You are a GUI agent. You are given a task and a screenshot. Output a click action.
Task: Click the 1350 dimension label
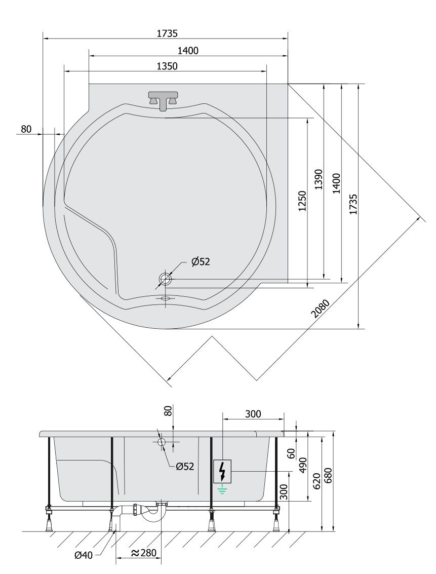[x=167, y=66]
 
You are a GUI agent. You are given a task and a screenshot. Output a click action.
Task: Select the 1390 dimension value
[x=319, y=179]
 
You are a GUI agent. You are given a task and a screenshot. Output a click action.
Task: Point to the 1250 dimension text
[x=302, y=201]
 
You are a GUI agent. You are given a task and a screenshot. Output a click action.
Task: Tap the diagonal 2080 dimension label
[x=321, y=308]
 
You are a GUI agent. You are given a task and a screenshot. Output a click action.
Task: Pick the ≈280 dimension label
[x=144, y=553]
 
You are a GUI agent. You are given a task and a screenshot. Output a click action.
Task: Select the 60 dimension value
[x=292, y=454]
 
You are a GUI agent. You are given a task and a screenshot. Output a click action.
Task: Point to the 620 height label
[x=317, y=481]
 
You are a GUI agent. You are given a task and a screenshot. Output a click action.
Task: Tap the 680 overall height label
[x=328, y=475]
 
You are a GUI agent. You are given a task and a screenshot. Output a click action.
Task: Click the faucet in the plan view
[x=164, y=100]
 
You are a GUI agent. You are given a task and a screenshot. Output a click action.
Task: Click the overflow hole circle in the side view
[x=162, y=442]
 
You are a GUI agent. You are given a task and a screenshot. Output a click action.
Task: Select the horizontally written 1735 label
[x=167, y=33]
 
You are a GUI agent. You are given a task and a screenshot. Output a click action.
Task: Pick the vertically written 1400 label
[x=337, y=183]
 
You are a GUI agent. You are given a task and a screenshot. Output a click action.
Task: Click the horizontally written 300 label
[x=253, y=414]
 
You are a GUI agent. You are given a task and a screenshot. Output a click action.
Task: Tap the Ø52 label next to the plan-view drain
[x=201, y=262]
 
